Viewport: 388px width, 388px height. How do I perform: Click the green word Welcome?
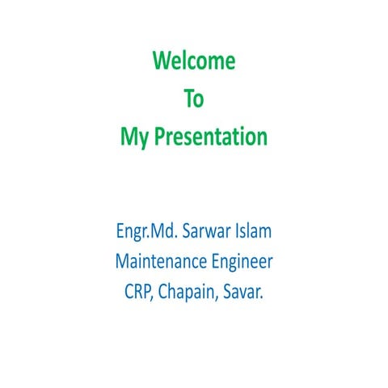[194, 61]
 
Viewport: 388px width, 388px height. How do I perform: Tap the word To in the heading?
[194, 99]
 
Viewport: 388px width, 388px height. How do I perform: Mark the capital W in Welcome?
[162, 61]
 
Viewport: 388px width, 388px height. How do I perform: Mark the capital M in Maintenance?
[123, 262]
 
